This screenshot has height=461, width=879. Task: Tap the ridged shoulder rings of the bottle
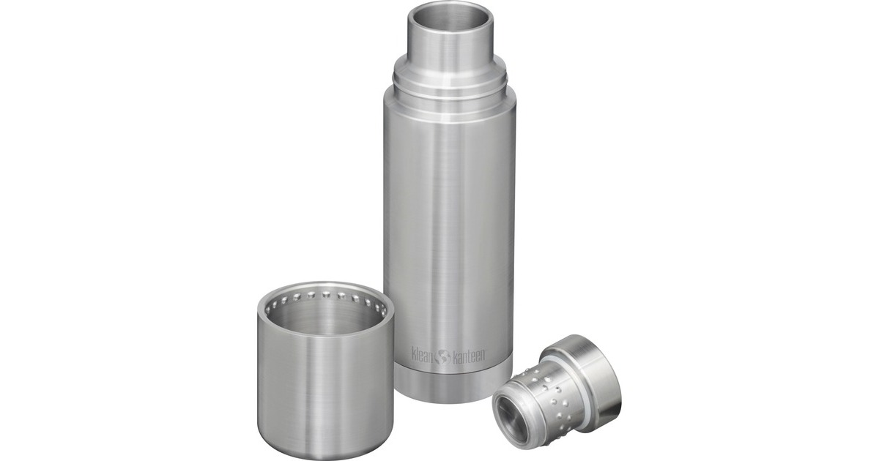coord(449,91)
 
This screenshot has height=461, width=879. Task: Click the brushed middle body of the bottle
coord(449,220)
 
